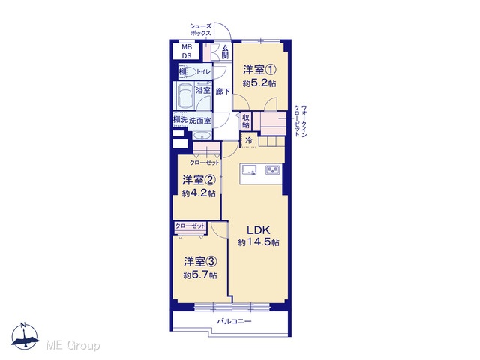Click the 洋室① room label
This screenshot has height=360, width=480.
click(x=259, y=70)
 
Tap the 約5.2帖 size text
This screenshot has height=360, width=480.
click(x=259, y=83)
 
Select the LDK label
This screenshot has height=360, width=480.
click(x=258, y=229)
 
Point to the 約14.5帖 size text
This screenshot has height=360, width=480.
click(x=259, y=242)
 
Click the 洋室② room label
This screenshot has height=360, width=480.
click(x=199, y=180)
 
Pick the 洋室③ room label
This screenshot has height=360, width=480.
click(x=200, y=262)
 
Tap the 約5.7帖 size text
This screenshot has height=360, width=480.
click(x=200, y=275)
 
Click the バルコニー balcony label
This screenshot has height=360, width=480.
click(x=234, y=322)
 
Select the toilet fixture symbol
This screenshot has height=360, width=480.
click(x=190, y=72)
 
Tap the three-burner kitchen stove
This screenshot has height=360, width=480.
click(x=273, y=169)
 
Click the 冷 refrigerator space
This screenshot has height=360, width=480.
click(x=249, y=140)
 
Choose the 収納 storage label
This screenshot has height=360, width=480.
click(x=246, y=121)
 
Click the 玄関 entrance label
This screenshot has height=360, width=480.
click(x=225, y=52)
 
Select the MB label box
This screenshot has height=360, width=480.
click(x=187, y=47)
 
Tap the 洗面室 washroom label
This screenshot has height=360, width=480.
click(x=200, y=120)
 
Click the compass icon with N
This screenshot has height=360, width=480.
click(x=25, y=336)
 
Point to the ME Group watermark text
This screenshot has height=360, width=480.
click(x=73, y=346)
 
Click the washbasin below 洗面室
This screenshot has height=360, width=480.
click(x=202, y=136)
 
